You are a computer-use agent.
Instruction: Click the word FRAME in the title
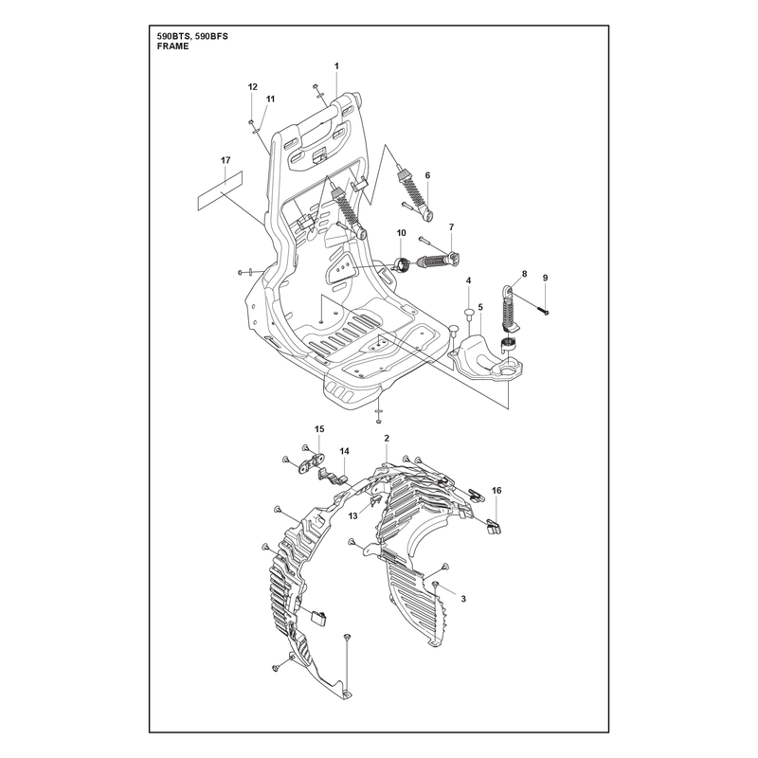point(173,46)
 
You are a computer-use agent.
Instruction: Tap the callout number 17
point(226,160)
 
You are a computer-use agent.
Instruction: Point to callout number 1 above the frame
point(337,66)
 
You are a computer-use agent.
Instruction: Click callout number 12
point(253,87)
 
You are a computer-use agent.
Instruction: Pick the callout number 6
point(427,175)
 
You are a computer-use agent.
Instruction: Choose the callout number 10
point(402,233)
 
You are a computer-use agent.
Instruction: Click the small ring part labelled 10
point(402,265)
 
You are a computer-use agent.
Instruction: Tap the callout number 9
point(546,278)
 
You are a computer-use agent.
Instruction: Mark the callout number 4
point(468,280)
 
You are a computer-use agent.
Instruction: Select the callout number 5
point(480,306)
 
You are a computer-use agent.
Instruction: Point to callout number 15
point(319,429)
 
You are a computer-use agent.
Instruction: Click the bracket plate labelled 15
point(310,463)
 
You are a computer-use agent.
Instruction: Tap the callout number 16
point(496,490)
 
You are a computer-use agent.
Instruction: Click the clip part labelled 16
point(494,527)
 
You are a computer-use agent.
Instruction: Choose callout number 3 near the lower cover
point(463,599)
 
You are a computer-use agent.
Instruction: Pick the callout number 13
point(352,516)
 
